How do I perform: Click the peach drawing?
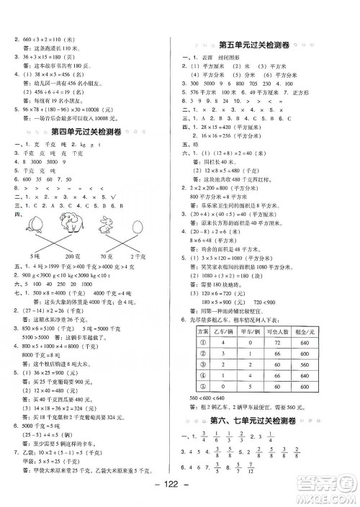coord(34,224)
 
